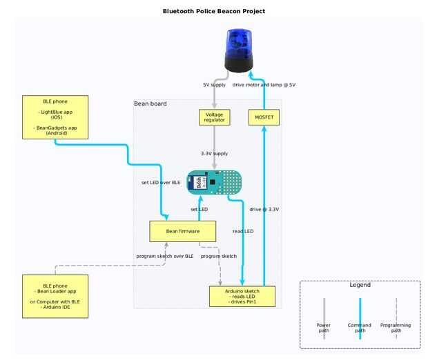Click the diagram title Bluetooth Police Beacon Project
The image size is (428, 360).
[x=213, y=11]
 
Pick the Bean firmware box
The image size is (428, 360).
[x=183, y=231]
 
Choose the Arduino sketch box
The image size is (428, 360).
[x=244, y=296]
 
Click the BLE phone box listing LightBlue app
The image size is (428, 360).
[x=55, y=117]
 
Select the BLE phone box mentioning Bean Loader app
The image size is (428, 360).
[x=55, y=297]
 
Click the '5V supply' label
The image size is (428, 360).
[x=215, y=85]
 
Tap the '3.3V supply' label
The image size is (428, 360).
[x=214, y=154]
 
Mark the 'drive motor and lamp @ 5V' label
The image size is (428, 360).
[x=264, y=85]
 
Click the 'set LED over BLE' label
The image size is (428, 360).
[x=161, y=183]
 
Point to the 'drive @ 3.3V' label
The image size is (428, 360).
[x=264, y=208]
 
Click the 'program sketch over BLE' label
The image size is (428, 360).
[x=165, y=256]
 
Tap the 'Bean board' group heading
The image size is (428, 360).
[x=150, y=104]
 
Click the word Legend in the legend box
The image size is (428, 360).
[x=360, y=285]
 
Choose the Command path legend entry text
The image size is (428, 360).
[x=360, y=328]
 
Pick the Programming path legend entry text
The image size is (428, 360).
[x=396, y=328]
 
